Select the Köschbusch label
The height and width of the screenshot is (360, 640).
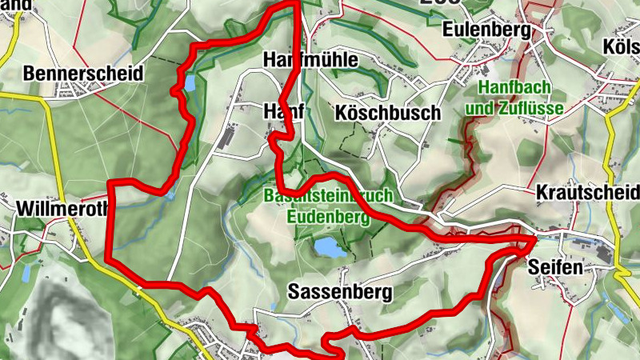pyautogui.click(x=388, y=113)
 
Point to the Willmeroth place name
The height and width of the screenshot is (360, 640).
pyautogui.click(x=49, y=210)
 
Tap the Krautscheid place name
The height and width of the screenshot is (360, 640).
pyautogui.click(x=587, y=193)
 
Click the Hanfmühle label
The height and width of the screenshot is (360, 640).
pyautogui.click(x=311, y=60)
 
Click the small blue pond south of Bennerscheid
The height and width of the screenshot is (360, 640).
pyautogui.click(x=190, y=82)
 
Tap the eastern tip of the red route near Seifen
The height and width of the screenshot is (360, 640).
pyautogui.click(x=534, y=238)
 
